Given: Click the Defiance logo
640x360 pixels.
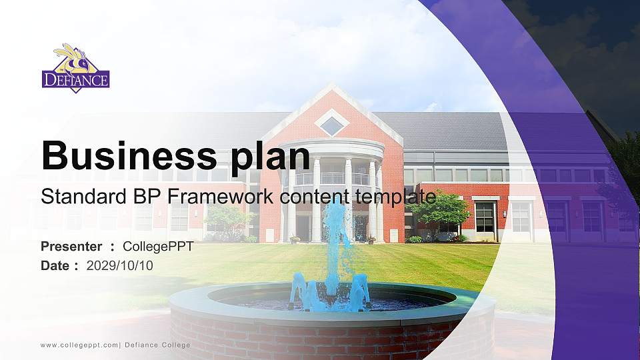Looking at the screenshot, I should click(75, 69).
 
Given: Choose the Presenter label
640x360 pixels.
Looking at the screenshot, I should click(71, 247).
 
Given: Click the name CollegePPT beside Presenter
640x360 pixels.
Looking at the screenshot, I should click(158, 247).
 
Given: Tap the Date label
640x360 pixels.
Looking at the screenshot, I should click(55, 265).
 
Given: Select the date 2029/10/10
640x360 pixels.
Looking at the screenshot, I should click(120, 265).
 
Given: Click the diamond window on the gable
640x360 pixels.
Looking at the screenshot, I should click(331, 123).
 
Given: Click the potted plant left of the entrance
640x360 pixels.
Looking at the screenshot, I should click(294, 239).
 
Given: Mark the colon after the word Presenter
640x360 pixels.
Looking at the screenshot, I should click(112, 247).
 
